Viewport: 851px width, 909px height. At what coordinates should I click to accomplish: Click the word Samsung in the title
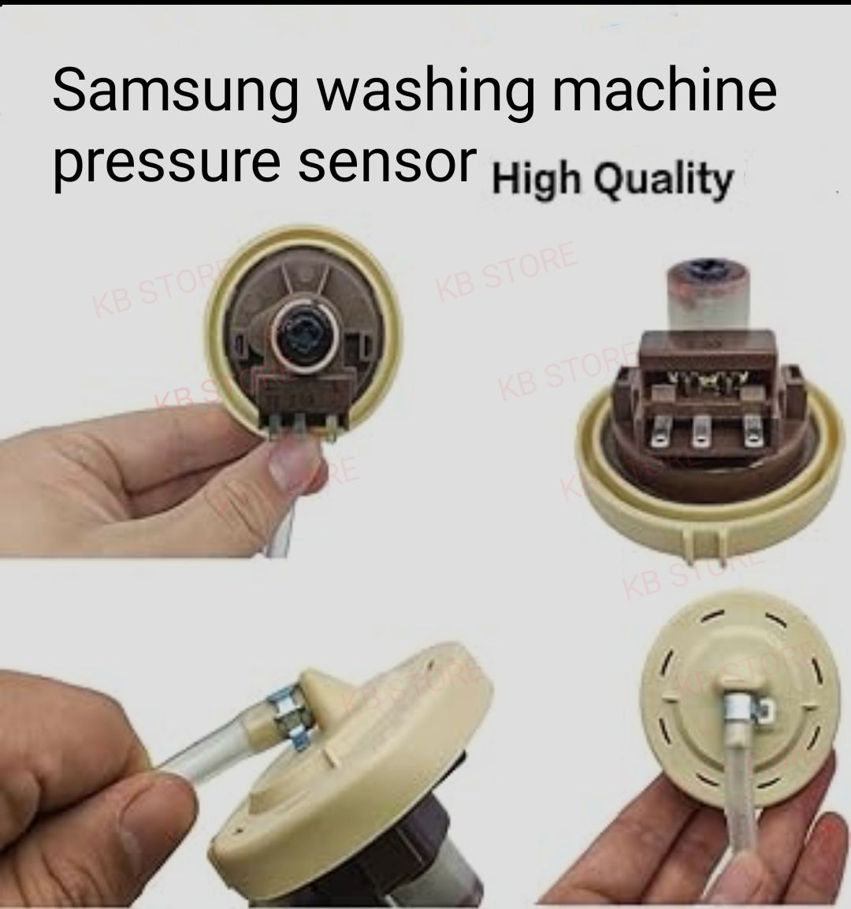[175, 93]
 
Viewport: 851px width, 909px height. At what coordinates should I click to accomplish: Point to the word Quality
[663, 180]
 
